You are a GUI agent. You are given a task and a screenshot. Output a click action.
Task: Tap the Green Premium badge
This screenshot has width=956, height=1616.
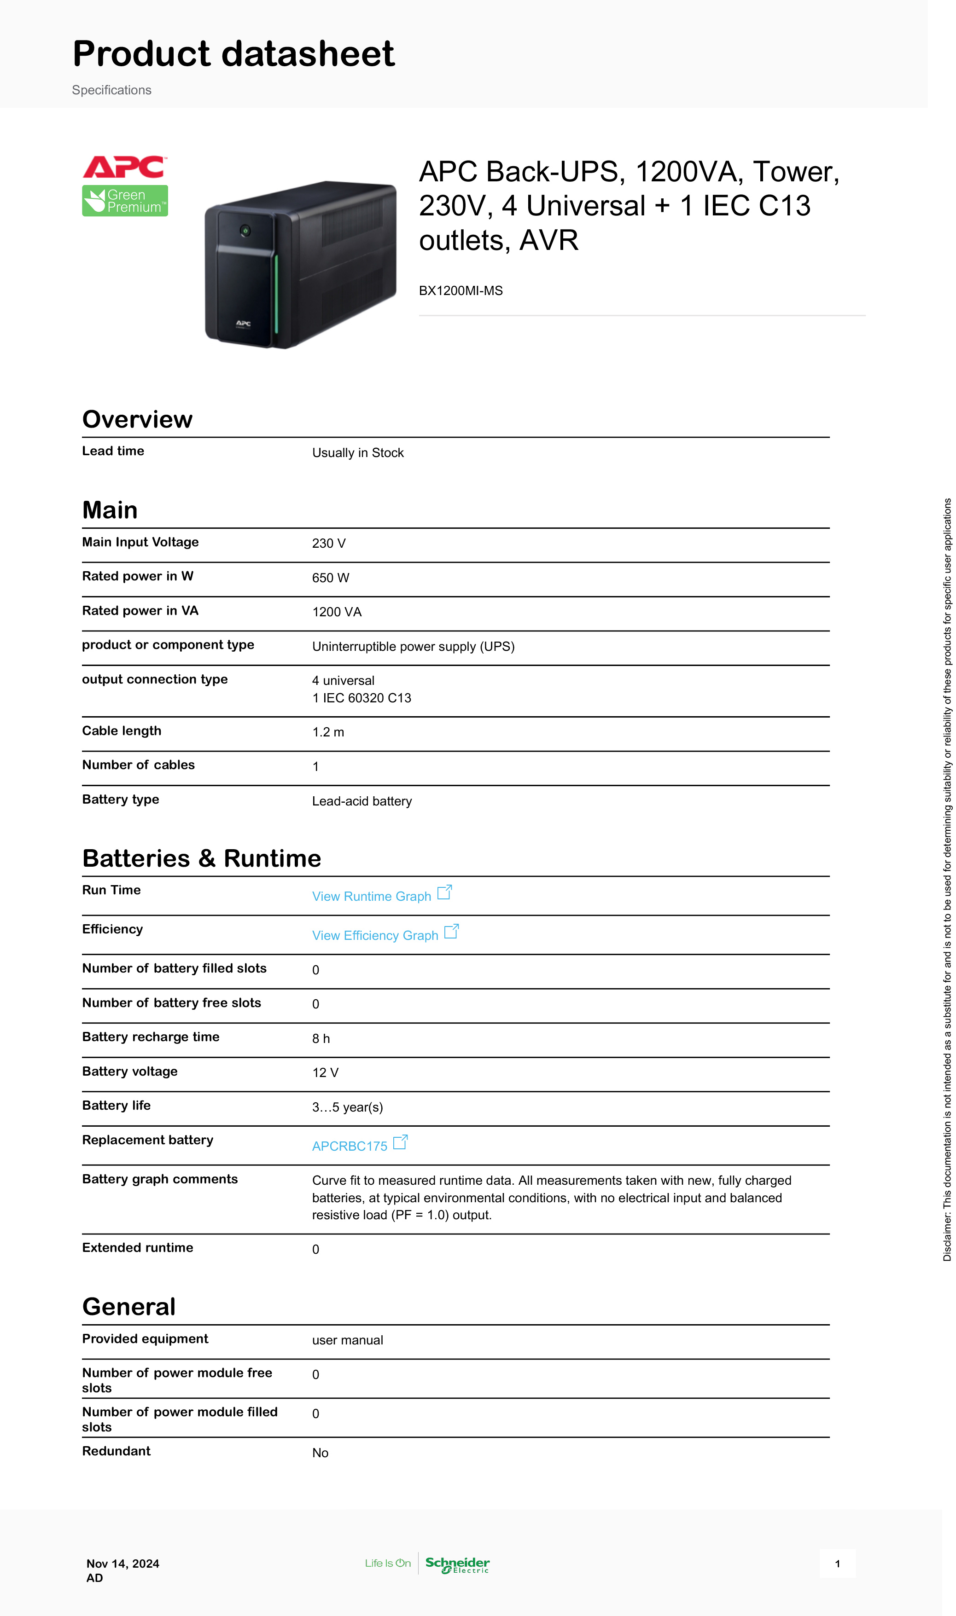(125, 201)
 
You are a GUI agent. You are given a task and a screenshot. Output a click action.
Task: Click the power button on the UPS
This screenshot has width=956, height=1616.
(245, 230)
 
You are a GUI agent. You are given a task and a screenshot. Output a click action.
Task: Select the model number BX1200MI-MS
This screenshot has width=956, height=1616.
(461, 290)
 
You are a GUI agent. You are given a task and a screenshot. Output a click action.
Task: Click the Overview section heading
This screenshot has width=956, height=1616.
(137, 419)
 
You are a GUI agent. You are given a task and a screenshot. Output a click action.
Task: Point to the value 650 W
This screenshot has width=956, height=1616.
(331, 578)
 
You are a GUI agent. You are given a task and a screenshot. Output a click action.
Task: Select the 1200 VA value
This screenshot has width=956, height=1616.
(337, 612)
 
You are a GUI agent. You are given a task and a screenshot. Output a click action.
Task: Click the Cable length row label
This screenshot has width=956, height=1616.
(122, 731)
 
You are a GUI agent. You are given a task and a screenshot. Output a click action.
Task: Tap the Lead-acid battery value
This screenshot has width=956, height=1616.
(362, 801)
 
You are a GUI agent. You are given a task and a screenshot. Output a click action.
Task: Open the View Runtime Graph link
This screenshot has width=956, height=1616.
(372, 896)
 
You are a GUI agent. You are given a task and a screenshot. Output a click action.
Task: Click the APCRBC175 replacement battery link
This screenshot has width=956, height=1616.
(350, 1146)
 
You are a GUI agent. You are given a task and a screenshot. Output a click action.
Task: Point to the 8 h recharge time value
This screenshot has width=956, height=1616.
(321, 1038)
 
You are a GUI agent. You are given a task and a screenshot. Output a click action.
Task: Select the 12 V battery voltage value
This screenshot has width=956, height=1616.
(325, 1072)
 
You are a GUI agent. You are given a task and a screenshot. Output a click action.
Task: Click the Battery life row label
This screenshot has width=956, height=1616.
(117, 1106)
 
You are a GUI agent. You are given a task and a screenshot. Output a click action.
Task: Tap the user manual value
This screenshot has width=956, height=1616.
(348, 1340)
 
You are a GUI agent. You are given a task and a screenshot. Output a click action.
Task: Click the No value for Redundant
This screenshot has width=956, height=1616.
(320, 1453)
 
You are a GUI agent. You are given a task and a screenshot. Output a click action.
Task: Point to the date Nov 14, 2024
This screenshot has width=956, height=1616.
(123, 1563)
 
